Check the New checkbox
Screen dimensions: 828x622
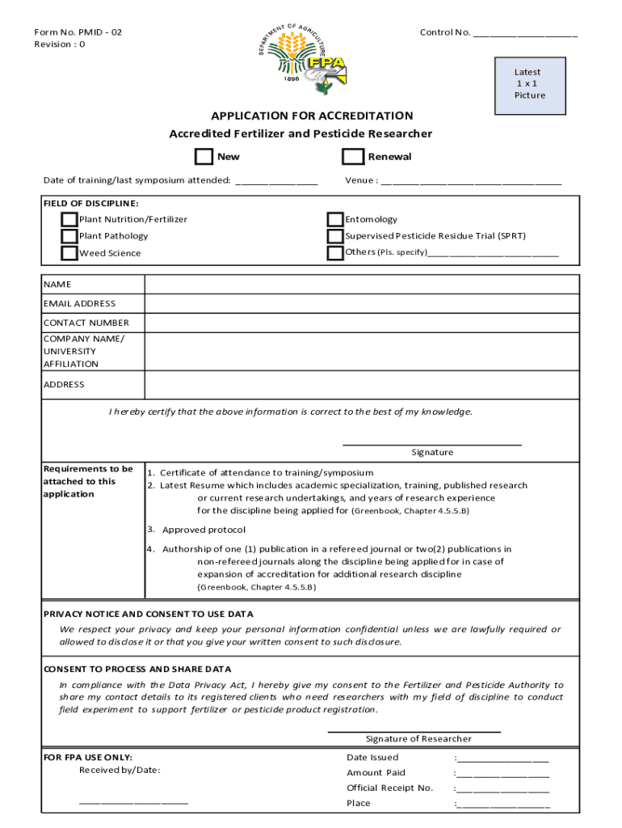204,156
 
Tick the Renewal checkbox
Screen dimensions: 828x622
353,156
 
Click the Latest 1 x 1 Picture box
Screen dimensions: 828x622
529,84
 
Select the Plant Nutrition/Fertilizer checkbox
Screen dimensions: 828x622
69,219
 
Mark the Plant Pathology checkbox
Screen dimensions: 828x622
69,236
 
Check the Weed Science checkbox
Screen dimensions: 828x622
69,253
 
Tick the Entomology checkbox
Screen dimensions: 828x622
335,219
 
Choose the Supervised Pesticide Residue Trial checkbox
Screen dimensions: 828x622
335,236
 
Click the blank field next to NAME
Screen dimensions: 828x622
361,285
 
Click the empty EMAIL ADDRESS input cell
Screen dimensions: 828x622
361,304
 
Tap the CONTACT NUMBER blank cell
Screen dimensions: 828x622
361,323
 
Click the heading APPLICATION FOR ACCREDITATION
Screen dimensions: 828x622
312,116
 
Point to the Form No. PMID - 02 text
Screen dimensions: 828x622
78,32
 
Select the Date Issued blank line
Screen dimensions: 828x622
503,759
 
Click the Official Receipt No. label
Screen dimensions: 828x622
389,788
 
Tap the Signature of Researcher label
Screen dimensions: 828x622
418,738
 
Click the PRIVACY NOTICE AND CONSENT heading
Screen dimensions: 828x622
148,614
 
